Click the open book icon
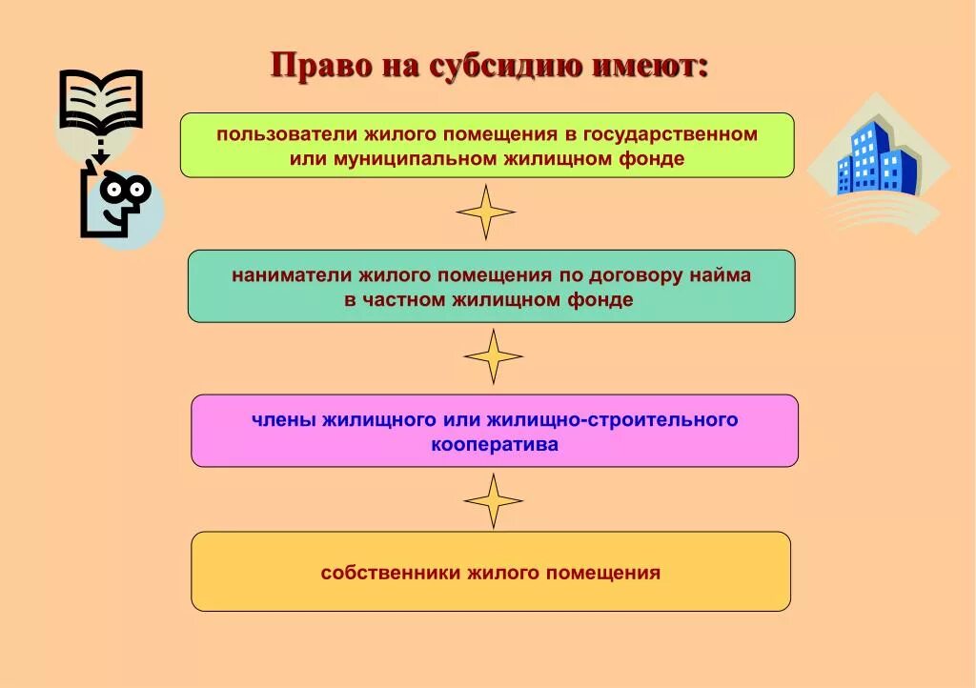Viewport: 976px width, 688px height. click(x=100, y=100)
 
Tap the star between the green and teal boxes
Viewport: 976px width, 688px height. click(x=486, y=212)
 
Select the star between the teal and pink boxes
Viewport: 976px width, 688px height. click(x=494, y=356)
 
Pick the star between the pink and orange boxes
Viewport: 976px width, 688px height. click(x=494, y=500)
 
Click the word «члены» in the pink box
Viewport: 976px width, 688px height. click(x=283, y=419)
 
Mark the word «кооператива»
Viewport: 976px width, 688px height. click(x=495, y=444)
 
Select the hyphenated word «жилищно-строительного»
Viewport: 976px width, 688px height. click(x=612, y=419)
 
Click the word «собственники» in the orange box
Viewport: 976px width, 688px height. click(x=390, y=573)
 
